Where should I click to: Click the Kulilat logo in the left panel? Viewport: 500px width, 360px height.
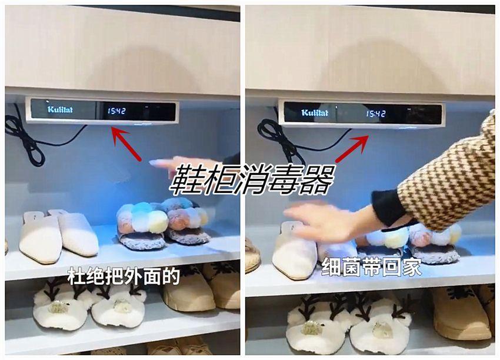(60, 109)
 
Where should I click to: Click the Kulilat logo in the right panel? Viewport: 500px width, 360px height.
(315, 112)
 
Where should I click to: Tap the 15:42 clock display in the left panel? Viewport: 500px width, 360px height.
(116, 111)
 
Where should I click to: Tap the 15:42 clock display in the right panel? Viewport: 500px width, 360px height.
(375, 114)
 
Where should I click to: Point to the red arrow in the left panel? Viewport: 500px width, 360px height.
(127, 144)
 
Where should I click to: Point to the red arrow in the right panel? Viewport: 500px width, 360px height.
(352, 148)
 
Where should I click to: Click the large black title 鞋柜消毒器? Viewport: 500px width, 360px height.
(252, 179)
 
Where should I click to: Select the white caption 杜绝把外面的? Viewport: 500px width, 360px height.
(124, 276)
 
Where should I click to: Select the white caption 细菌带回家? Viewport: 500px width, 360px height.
(371, 267)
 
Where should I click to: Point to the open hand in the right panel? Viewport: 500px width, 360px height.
(332, 222)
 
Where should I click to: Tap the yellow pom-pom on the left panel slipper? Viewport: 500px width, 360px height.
(158, 222)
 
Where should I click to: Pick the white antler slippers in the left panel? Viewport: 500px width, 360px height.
(89, 303)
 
